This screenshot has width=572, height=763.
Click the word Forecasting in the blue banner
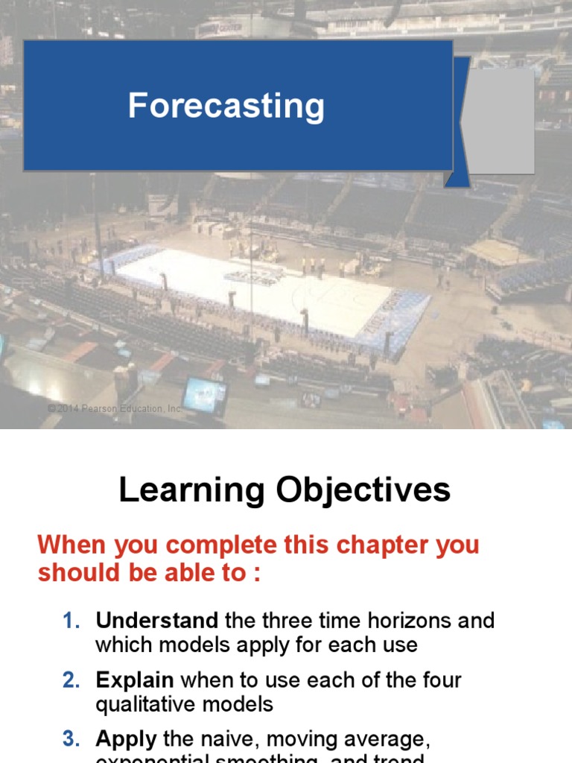tap(226, 106)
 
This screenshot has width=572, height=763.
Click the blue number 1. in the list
tap(71, 621)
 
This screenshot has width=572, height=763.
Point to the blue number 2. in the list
tap(71, 680)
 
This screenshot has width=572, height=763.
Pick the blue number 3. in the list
tap(71, 739)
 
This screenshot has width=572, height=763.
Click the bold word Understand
tap(156, 621)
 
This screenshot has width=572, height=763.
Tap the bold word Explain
tap(135, 680)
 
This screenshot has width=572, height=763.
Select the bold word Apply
tap(126, 739)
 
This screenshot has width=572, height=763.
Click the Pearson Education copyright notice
tap(115, 409)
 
